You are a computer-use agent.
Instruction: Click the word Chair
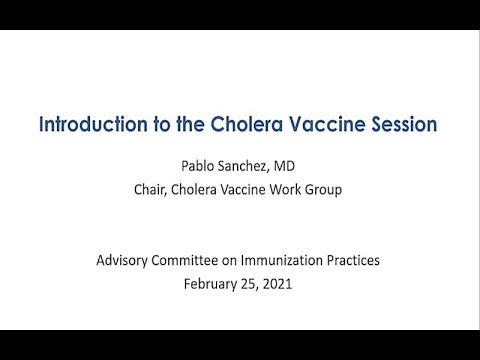155,187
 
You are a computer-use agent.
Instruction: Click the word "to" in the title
151,125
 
